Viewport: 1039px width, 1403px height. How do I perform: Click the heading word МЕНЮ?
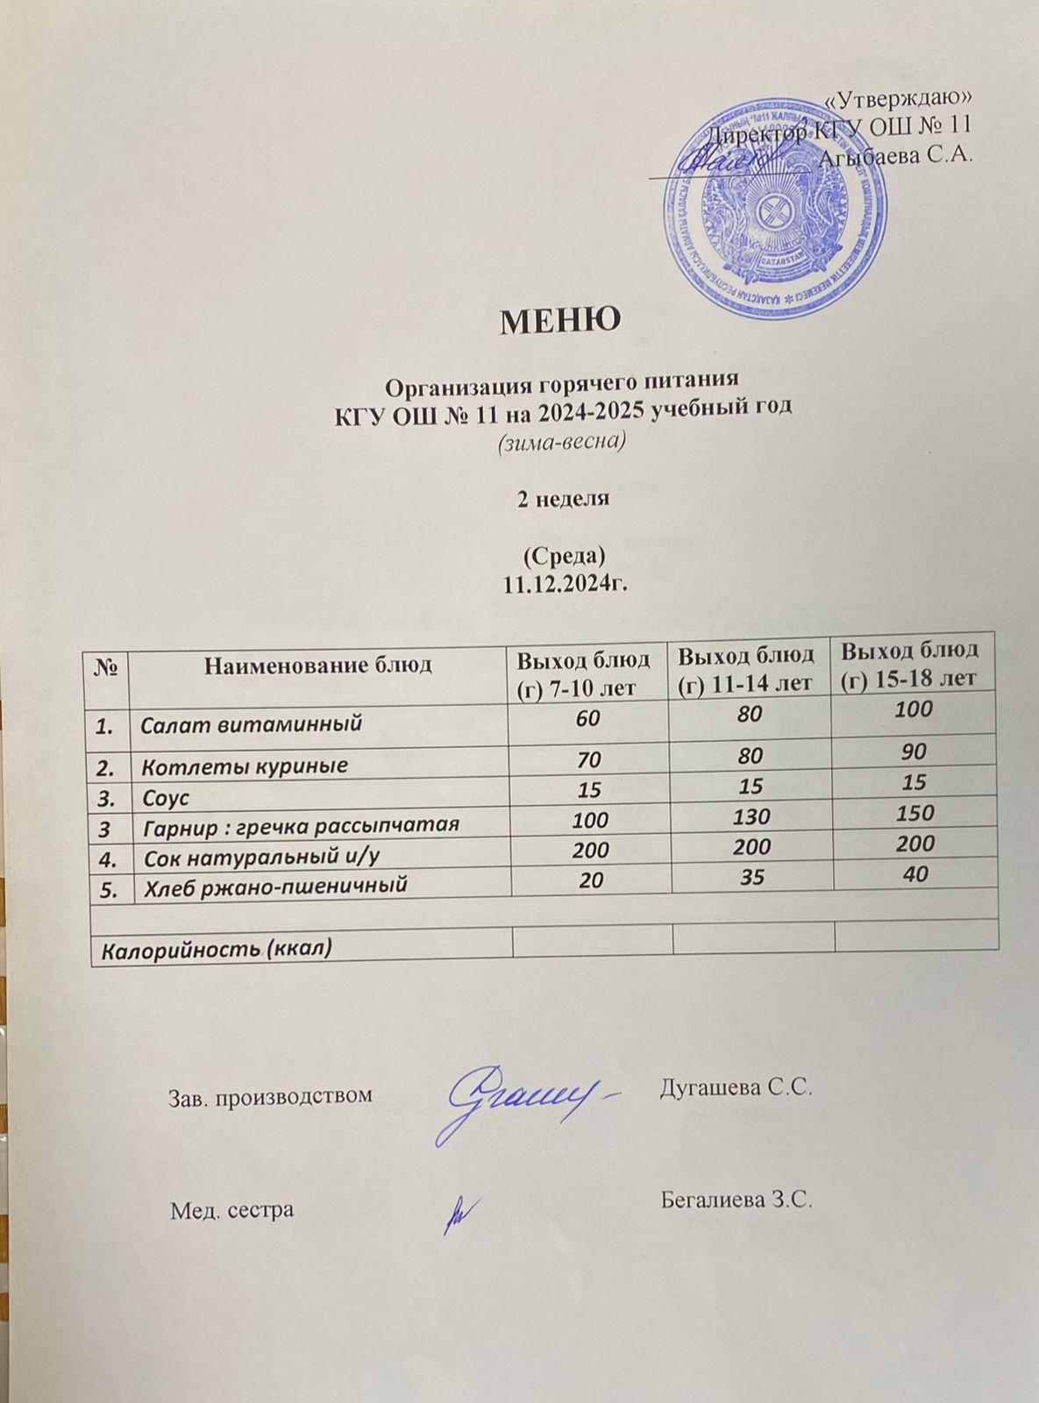(560, 321)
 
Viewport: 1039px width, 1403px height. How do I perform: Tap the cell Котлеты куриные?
(245, 766)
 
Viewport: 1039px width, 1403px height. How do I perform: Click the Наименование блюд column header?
(318, 664)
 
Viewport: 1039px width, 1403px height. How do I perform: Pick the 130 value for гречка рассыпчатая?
(753, 817)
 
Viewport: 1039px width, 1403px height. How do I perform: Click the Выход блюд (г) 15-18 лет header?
(915, 663)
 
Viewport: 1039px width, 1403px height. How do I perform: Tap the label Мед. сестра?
(231, 1210)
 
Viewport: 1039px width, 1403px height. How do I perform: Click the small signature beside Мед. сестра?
(457, 1214)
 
